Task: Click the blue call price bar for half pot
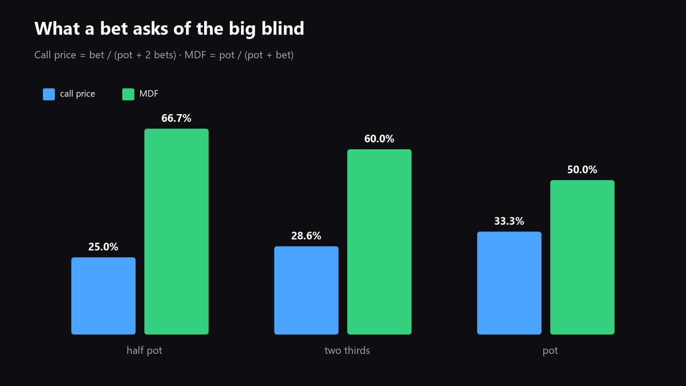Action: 103,296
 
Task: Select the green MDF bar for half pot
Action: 176,231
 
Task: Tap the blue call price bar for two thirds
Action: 306,290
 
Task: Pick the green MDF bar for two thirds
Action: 379,242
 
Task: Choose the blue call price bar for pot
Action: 509,283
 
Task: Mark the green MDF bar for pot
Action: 582,257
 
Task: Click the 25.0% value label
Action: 103,247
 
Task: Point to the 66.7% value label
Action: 176,118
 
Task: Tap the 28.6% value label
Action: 306,236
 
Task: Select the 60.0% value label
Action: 379,139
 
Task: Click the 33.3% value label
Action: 509,221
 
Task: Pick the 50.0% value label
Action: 582,170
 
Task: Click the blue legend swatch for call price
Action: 49,94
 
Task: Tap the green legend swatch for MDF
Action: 128,94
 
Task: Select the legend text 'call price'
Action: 78,94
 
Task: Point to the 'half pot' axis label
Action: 144,350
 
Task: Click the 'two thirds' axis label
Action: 347,350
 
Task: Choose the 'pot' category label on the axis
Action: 550,351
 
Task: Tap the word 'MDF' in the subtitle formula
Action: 195,55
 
